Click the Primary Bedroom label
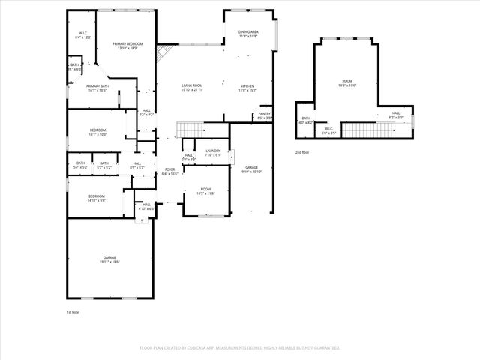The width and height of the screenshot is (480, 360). [x=125, y=46]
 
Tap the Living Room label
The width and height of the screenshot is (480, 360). [x=193, y=88]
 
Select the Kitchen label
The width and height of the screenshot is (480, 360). [x=248, y=88]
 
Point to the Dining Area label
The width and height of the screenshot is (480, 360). [x=248, y=34]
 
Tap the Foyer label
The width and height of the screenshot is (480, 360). [x=170, y=172]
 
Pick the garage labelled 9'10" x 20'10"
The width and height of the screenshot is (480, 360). [x=251, y=169]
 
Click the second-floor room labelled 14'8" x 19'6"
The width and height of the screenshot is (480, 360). [x=346, y=83]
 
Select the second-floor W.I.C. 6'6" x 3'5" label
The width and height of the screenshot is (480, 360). [x=328, y=131]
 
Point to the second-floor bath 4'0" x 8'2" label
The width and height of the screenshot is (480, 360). [x=306, y=120]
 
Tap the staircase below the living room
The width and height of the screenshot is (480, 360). [x=190, y=129]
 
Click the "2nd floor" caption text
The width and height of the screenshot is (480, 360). [x=301, y=152]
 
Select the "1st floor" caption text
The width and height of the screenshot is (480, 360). [x=73, y=311]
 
